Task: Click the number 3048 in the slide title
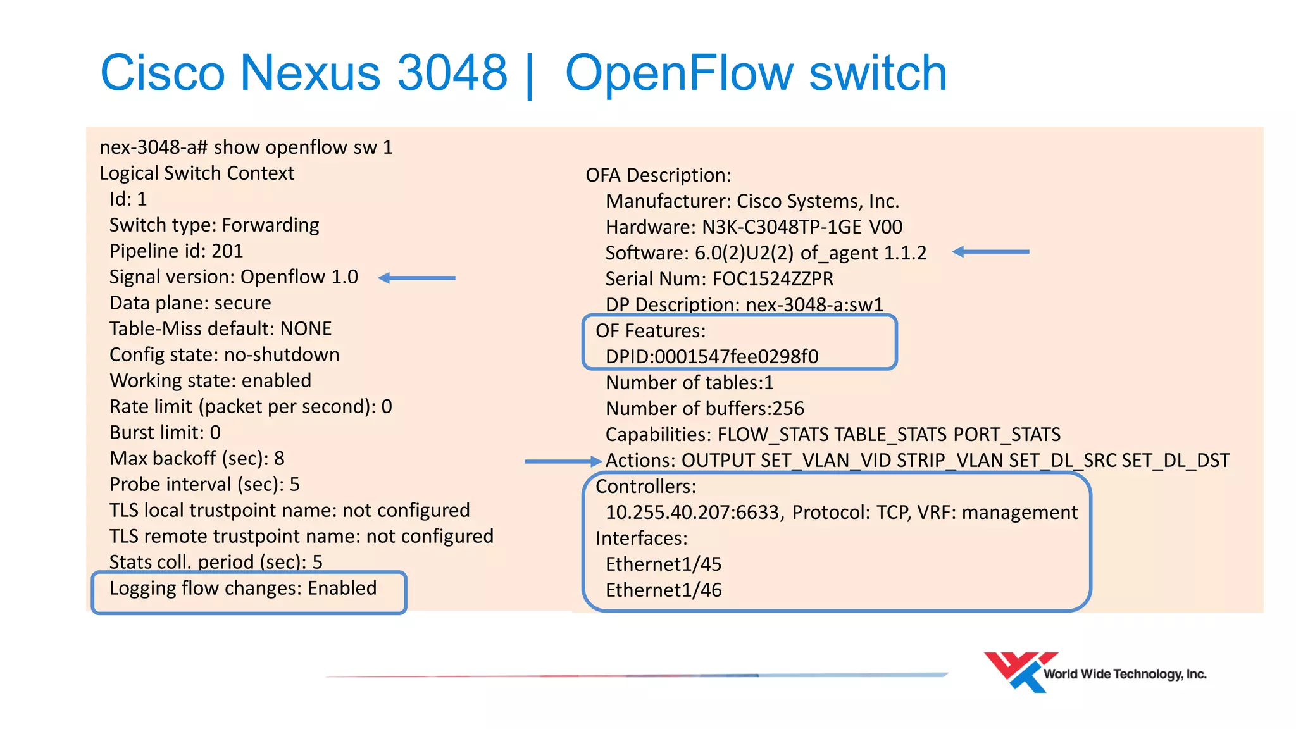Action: (x=452, y=73)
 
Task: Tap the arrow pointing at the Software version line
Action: (x=990, y=252)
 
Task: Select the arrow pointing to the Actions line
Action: (x=563, y=461)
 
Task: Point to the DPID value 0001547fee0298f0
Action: (x=736, y=357)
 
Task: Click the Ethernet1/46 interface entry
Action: (x=663, y=590)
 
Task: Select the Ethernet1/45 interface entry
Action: (x=663, y=564)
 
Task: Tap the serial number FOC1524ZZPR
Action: (x=773, y=279)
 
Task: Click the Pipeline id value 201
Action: (x=227, y=251)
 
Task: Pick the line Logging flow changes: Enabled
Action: (x=243, y=589)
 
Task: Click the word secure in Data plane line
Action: (x=242, y=303)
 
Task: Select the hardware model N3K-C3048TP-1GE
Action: (x=782, y=227)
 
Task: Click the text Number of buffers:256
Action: (x=704, y=409)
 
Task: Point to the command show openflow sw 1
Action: (x=303, y=147)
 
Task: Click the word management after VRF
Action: (x=1019, y=513)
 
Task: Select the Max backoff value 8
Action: (x=279, y=459)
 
